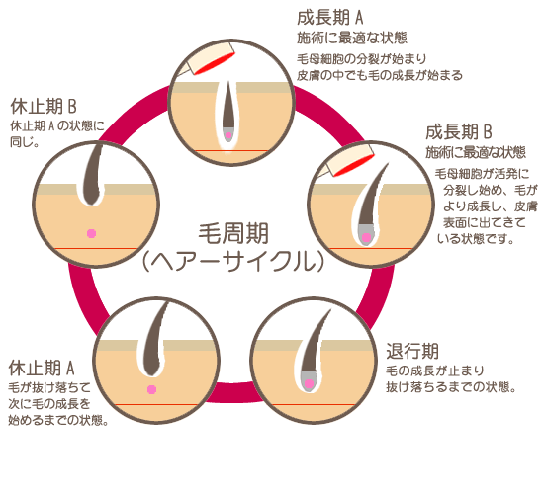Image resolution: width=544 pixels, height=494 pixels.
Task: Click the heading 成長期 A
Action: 330,18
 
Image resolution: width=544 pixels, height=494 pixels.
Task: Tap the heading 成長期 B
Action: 459,132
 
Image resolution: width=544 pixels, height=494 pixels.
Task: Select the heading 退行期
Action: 412,351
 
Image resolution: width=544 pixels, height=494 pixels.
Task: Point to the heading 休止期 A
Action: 42,368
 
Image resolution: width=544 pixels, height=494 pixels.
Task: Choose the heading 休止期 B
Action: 44,106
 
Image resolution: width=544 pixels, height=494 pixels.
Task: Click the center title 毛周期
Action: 233,233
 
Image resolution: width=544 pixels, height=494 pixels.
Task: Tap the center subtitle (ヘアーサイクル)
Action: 232,262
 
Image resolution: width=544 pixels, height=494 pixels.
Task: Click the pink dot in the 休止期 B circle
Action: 91,233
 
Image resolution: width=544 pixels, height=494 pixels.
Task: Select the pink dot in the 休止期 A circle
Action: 151,389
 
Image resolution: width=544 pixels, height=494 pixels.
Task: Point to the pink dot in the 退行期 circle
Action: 309,383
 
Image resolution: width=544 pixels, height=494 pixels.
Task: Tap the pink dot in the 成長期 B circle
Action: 366,237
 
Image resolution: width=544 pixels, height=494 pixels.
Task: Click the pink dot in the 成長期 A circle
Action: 228,135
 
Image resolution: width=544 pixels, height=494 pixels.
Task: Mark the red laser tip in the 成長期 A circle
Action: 215,63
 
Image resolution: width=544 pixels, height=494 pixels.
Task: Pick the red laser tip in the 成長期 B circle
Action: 354,165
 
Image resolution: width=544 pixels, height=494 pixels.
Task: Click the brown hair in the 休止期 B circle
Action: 92,175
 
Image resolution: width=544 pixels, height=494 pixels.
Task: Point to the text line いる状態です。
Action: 476,238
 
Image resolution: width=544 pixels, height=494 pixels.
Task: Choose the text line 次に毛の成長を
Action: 49,403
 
